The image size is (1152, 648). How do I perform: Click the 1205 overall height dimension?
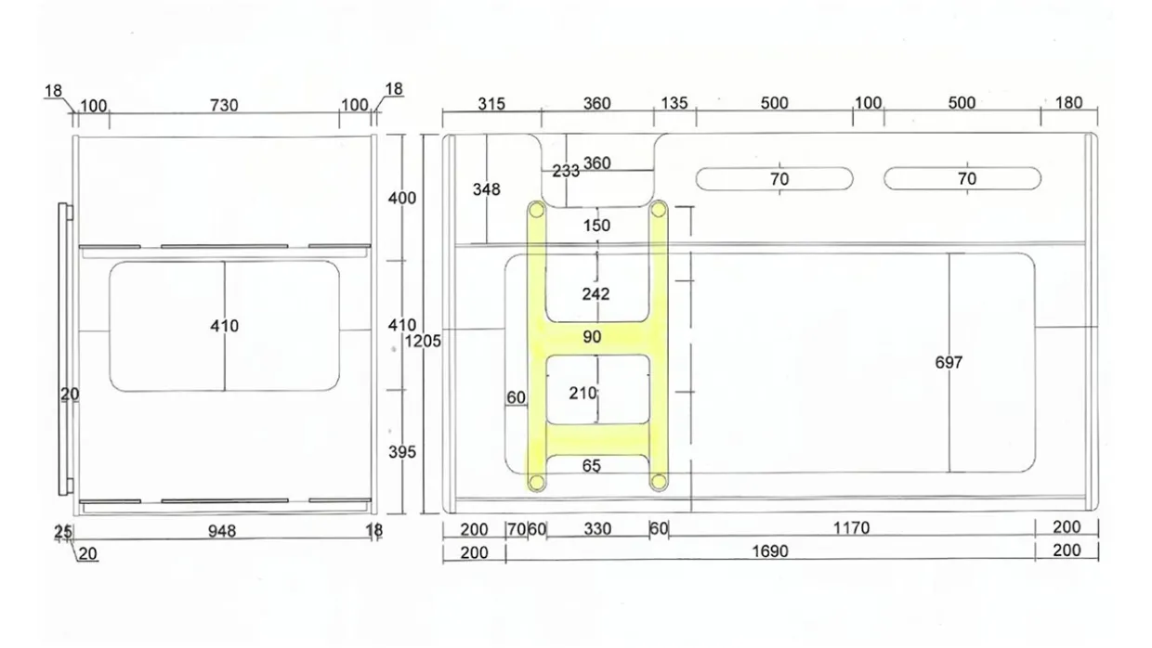pyautogui.click(x=423, y=342)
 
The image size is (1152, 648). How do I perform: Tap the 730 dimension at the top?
pyautogui.click(x=224, y=105)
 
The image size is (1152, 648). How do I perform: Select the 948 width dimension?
pyautogui.click(x=222, y=531)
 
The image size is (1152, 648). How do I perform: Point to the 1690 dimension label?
pyautogui.click(x=770, y=551)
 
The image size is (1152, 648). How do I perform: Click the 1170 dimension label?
pyautogui.click(x=851, y=527)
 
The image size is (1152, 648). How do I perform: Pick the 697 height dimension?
pyautogui.click(x=949, y=363)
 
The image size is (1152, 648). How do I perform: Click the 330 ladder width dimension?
pyautogui.click(x=597, y=529)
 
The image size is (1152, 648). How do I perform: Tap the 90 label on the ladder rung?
pyautogui.click(x=592, y=337)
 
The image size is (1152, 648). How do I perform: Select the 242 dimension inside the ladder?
pyautogui.click(x=596, y=294)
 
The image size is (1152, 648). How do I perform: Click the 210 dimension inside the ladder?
pyautogui.click(x=583, y=394)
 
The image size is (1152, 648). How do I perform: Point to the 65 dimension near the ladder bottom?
pyautogui.click(x=592, y=466)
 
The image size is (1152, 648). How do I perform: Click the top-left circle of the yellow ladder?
pyautogui.click(x=536, y=210)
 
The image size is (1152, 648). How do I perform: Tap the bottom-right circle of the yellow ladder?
pyautogui.click(x=659, y=482)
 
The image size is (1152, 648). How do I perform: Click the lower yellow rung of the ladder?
pyautogui.click(x=597, y=440)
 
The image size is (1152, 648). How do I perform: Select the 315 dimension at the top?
pyautogui.click(x=491, y=104)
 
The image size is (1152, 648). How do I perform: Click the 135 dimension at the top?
pyautogui.click(x=674, y=103)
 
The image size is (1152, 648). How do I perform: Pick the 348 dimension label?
pyautogui.click(x=486, y=189)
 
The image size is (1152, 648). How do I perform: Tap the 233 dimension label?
pyautogui.click(x=566, y=171)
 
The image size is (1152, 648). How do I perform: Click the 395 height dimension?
pyautogui.click(x=401, y=452)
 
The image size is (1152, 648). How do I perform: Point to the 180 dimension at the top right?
pyautogui.click(x=1068, y=103)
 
